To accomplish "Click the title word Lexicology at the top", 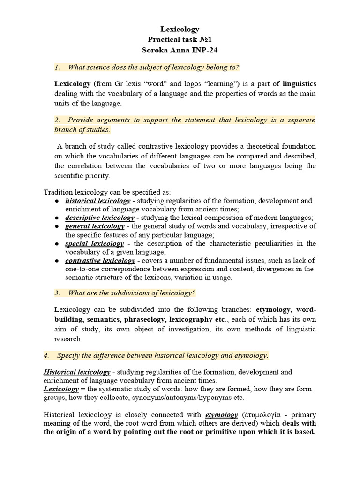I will click(180, 30).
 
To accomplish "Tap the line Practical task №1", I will click(180, 40).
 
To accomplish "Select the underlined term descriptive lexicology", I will click(99, 218).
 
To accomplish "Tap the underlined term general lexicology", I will click(95, 226).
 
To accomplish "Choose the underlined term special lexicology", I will click(94, 244).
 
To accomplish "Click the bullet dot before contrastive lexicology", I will click(56, 261).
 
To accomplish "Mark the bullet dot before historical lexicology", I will click(56, 201).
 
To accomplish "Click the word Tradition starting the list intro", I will click(58, 192).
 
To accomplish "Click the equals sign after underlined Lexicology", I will click(82, 389).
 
